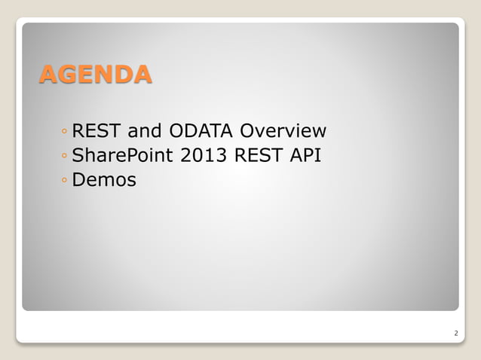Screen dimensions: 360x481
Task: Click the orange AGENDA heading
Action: click(95, 75)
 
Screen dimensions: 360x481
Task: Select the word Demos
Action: click(104, 181)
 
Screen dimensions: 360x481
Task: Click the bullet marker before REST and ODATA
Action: click(65, 133)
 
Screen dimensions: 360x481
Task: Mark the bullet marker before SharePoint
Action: click(65, 157)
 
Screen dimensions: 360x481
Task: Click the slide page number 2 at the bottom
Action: click(455, 332)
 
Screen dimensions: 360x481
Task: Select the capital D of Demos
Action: click(78, 181)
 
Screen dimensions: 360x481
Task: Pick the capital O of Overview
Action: click(247, 132)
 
